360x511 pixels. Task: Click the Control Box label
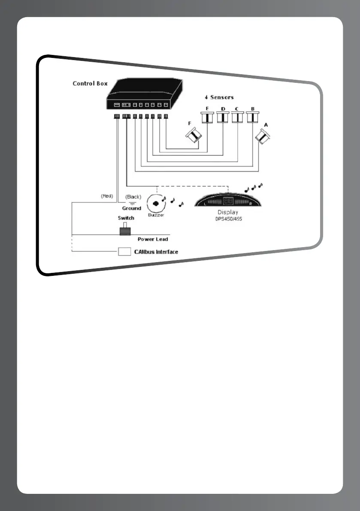[90, 83]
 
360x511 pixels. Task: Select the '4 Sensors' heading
[219, 97]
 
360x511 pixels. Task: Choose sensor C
[237, 117]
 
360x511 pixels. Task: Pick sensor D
[223, 117]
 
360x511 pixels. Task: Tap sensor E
[208, 117]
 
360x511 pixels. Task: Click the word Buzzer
[156, 215]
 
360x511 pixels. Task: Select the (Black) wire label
[133, 197]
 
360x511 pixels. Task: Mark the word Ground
[131, 208]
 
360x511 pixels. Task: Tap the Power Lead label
[153, 239]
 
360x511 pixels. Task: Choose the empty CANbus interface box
[124, 251]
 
